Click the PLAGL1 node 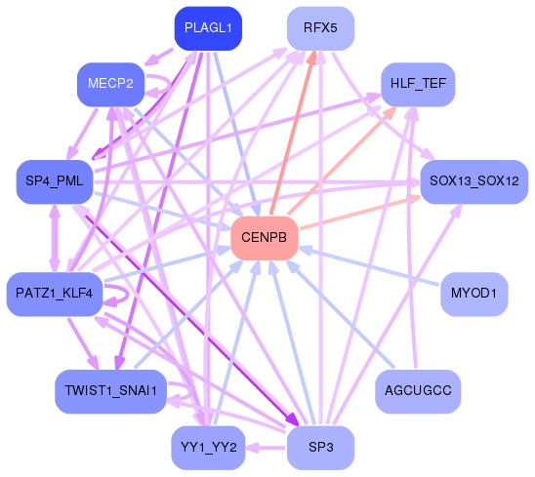(x=208, y=28)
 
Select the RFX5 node (x=320, y=28)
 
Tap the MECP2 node (x=111, y=84)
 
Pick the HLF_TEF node (x=418, y=84)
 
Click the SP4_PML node (x=55, y=181)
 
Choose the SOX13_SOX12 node (x=474, y=181)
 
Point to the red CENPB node (x=265, y=238)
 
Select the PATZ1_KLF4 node (x=55, y=294)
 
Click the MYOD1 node (x=474, y=294)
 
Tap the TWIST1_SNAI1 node (x=111, y=391)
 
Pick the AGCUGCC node (x=418, y=391)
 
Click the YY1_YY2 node (x=208, y=448)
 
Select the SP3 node (x=320, y=448)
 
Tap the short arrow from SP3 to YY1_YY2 (x=266, y=448)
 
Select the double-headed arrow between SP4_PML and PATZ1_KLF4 (x=55, y=238)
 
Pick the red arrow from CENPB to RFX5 (x=293, y=133)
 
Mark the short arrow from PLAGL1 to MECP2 (x=159, y=57)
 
